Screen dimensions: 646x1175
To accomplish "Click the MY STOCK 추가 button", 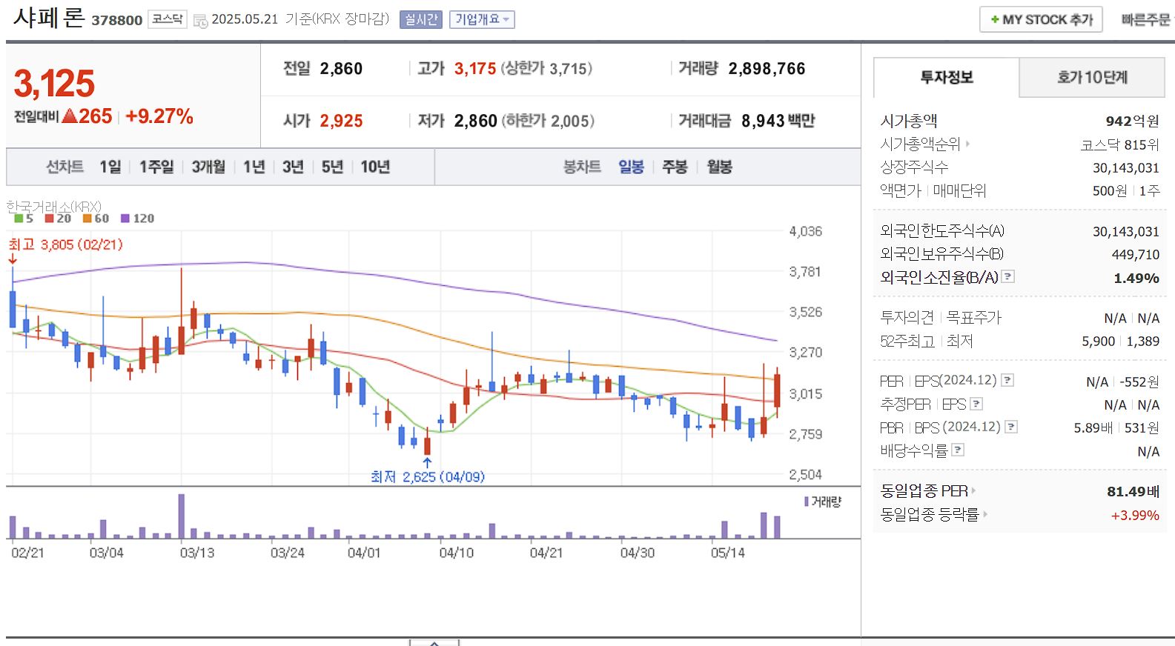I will pos(1041,20).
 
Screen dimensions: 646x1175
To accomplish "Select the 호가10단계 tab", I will pos(1091,77).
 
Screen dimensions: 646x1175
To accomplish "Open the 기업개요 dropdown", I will pos(482,20).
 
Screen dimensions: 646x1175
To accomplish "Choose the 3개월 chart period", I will pos(208,167).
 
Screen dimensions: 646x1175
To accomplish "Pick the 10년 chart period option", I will pos(375,167).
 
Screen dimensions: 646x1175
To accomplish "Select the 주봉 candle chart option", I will pos(675,167).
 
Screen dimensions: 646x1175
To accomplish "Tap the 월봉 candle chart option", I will pos(719,167).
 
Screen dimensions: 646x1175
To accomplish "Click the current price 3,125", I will pos(55,84).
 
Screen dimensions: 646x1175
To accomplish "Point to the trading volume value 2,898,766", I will pos(767,69).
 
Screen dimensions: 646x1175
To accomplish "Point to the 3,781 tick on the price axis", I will pos(805,272).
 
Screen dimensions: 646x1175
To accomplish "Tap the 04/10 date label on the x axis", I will pos(456,553).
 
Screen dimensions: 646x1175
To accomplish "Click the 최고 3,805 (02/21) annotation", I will pos(65,244).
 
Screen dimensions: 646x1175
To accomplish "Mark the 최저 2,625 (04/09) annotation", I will pos(428,476).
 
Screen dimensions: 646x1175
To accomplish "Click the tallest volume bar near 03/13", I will pos(182,516).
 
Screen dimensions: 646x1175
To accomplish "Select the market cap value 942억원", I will pos(1132,121).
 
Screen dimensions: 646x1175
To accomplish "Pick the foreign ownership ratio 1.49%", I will pos(1136,278).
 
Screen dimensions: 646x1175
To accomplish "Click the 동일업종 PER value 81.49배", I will pos(1133,491).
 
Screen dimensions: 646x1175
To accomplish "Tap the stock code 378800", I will pos(117,20).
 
